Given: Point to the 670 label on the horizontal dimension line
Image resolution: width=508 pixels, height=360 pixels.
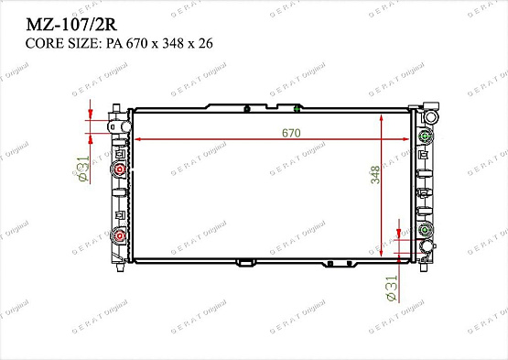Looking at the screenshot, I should click(291, 133).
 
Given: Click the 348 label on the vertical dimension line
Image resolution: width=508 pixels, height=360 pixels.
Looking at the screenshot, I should click(375, 175).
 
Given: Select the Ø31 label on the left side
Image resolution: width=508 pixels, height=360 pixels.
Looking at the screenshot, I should click(82, 169).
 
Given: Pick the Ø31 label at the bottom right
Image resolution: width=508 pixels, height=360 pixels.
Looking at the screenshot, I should click(392, 287).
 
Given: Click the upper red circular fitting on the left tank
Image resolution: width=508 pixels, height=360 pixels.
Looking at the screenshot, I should click(119, 171).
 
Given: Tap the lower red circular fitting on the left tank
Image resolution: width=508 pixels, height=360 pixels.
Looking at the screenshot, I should click(119, 236).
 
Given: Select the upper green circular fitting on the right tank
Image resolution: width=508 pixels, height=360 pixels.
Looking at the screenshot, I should click(425, 138).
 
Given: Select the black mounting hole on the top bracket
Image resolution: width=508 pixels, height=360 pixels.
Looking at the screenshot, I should click(247, 108).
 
